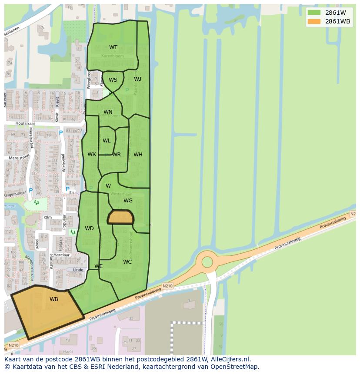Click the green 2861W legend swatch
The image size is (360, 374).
314,13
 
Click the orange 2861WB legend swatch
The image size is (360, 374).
314,21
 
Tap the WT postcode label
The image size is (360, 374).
113,47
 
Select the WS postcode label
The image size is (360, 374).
113,79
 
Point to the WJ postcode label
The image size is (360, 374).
137,79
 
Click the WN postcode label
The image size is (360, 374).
108,112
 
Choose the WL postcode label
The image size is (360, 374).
107,141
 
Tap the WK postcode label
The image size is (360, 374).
92,154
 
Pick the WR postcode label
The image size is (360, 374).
117,155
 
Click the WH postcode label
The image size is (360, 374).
138,155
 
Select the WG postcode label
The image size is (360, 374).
128,201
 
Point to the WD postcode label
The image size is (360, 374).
89,228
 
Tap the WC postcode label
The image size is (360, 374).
127,262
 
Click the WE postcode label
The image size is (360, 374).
99,266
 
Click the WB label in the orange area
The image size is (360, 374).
54,299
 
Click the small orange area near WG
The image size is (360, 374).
120,217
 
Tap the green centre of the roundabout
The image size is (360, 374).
207,262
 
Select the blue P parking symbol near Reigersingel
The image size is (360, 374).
30,191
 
